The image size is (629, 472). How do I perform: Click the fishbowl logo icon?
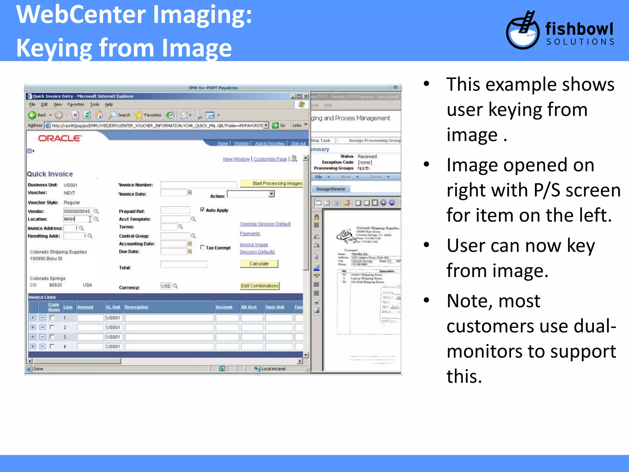click(522, 31)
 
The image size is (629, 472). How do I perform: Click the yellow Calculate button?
click(259, 264)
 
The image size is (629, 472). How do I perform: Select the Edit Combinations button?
click(260, 286)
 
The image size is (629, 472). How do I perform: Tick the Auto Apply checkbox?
click(202, 210)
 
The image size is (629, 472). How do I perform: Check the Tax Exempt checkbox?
click(202, 247)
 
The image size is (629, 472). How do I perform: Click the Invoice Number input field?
click(198, 185)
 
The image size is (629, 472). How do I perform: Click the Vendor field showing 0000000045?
click(78, 211)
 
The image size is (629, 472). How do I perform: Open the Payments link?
click(250, 234)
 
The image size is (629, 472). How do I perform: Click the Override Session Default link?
click(265, 224)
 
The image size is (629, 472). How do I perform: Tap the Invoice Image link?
click(254, 245)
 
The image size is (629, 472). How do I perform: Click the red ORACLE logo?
click(60, 138)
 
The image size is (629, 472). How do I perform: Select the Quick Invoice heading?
click(50, 174)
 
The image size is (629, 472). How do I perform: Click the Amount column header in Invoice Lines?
click(85, 307)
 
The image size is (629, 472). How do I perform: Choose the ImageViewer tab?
click(330, 189)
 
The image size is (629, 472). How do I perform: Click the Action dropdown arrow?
click(272, 194)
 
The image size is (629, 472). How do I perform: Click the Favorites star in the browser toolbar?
click(139, 115)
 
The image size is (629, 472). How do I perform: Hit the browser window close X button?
click(306, 96)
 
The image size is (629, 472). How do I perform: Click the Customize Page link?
click(270, 159)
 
